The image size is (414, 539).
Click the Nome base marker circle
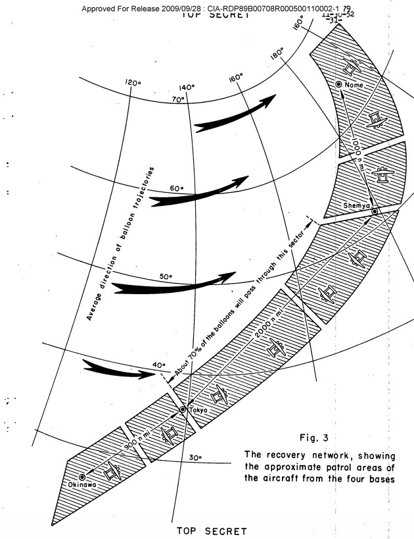(x=338, y=84)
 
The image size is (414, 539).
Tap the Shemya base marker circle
(x=374, y=211)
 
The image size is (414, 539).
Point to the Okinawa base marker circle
(x=82, y=476)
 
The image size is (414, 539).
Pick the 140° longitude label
(x=187, y=87)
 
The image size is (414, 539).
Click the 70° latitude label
(x=177, y=99)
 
